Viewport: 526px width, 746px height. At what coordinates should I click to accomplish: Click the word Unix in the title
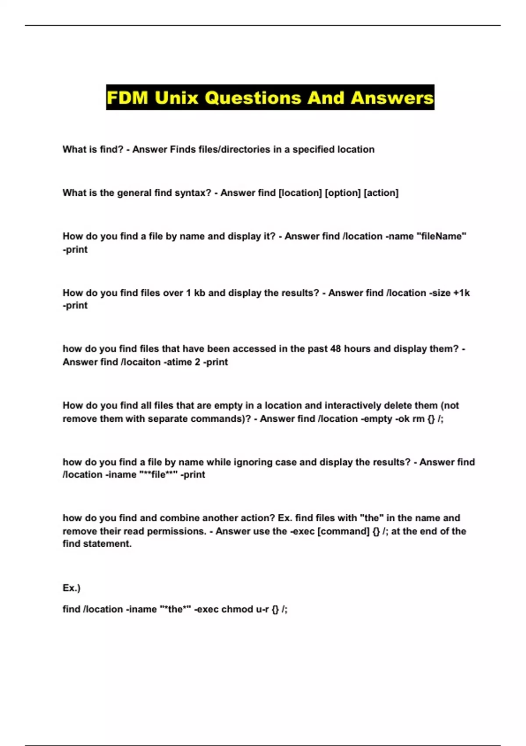[177, 97]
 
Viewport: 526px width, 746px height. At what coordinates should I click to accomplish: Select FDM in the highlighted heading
[128, 97]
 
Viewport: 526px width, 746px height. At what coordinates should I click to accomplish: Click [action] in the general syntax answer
[381, 193]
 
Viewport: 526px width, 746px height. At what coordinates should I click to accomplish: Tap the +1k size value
[462, 293]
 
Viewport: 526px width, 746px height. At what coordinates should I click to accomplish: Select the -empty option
[376, 419]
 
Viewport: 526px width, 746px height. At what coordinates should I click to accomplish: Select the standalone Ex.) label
[71, 588]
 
